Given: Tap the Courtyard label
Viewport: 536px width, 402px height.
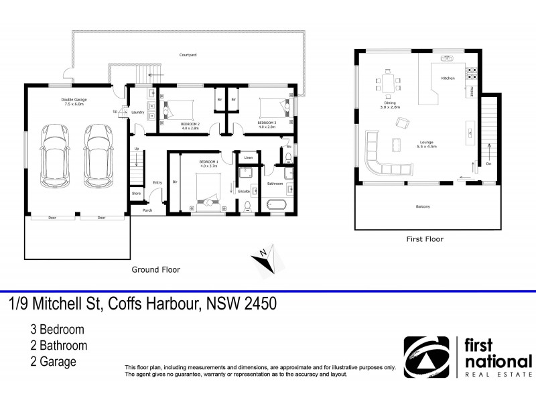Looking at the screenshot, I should coord(187,54).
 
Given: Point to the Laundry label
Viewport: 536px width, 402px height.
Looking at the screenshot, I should coord(139,112).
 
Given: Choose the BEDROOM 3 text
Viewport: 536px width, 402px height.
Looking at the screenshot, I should coord(267,123).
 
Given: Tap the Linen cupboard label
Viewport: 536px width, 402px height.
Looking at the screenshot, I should coord(248,157).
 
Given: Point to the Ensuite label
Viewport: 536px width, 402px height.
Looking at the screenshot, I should coord(244,192).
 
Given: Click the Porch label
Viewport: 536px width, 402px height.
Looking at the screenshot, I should coord(147,210).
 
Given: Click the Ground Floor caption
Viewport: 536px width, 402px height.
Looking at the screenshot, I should coord(155,269).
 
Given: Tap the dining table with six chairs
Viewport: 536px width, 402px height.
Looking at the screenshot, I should coord(389,84).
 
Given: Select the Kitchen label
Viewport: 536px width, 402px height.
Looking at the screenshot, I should coord(448,78).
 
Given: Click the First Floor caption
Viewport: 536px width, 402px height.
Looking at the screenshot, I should coord(425,239).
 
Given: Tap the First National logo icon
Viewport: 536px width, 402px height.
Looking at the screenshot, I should coord(425,358).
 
